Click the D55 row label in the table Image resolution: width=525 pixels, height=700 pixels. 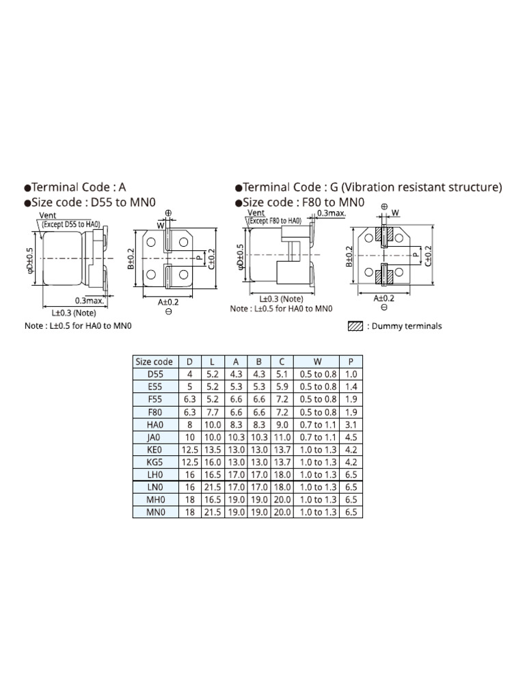(x=155, y=374)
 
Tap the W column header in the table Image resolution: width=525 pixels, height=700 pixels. (x=317, y=362)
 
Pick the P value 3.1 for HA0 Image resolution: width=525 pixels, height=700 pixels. (x=351, y=425)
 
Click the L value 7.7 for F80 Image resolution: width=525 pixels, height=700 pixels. (x=213, y=412)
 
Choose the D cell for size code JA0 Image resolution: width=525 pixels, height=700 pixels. (x=190, y=437)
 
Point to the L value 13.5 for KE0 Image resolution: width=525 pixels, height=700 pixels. (x=213, y=450)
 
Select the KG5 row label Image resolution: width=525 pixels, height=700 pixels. (x=155, y=462)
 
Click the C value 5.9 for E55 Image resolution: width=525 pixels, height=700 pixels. (x=282, y=387)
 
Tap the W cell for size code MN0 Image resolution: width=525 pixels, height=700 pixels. (x=318, y=512)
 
